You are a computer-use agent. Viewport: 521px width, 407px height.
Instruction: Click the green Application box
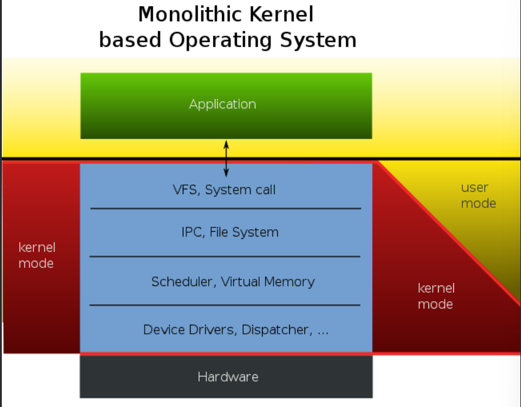(226, 106)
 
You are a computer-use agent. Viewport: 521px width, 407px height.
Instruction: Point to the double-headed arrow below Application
(226, 158)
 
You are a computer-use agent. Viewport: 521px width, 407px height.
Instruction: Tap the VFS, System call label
(224, 190)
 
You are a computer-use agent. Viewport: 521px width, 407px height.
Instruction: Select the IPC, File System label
(230, 232)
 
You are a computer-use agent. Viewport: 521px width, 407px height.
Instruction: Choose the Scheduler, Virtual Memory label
(233, 281)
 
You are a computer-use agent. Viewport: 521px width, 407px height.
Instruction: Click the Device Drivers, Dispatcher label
(236, 330)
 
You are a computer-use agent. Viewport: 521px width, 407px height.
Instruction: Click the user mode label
(478, 195)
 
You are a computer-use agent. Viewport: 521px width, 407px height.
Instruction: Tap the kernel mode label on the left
(36, 255)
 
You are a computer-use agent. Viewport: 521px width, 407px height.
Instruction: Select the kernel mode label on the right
(436, 296)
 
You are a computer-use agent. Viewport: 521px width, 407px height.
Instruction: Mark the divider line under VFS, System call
(225, 209)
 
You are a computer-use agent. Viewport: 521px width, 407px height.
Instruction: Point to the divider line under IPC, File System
(225, 256)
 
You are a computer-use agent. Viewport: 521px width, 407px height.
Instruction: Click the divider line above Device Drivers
(225, 305)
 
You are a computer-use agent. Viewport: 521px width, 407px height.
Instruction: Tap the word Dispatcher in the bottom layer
(275, 330)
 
